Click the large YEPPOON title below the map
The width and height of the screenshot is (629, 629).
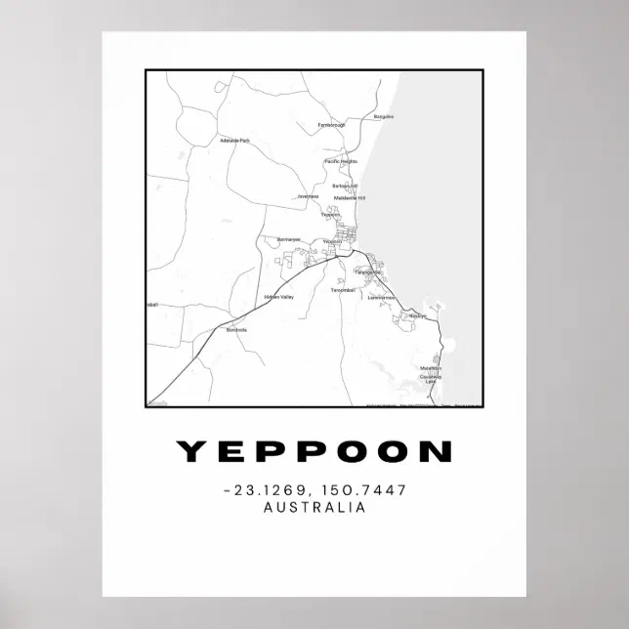314,451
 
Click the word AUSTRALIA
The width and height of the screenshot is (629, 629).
314,508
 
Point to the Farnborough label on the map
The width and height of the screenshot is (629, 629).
332,125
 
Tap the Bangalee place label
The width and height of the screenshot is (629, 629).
384,117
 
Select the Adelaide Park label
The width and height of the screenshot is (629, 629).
235,141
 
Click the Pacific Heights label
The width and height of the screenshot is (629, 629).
341,161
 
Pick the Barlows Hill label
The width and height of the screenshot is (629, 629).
345,186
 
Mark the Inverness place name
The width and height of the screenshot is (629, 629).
309,196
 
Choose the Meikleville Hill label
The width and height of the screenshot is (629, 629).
349,198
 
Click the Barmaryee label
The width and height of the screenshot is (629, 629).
288,238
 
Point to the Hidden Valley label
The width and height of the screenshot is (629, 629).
278,297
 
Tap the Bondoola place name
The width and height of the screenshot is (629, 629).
236,329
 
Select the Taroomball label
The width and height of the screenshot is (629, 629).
343,291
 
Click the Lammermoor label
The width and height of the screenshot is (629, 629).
381,297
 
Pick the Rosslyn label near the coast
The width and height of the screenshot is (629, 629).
418,316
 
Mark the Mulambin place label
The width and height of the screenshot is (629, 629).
432,368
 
